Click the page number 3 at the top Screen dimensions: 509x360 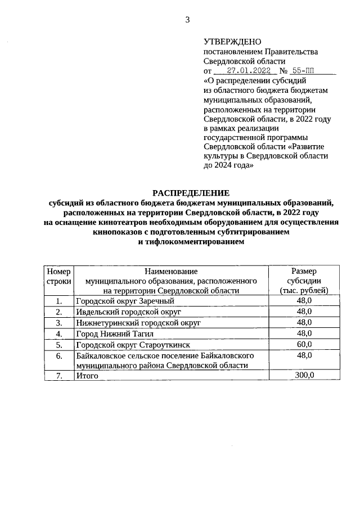188,20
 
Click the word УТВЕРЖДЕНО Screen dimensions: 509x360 232,42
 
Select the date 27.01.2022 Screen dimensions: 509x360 247,71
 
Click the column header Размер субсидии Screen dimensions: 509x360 304,280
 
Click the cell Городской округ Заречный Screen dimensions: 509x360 125,301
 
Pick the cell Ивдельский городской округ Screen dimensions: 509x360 128,312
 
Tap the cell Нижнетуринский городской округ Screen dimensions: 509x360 138,322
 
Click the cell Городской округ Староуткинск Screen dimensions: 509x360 133,344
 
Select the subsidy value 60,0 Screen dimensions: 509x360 304,344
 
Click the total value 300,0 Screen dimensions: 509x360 304,375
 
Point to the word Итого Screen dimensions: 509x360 87,375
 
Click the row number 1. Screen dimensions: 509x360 58,301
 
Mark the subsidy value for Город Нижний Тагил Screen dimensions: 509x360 304,333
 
